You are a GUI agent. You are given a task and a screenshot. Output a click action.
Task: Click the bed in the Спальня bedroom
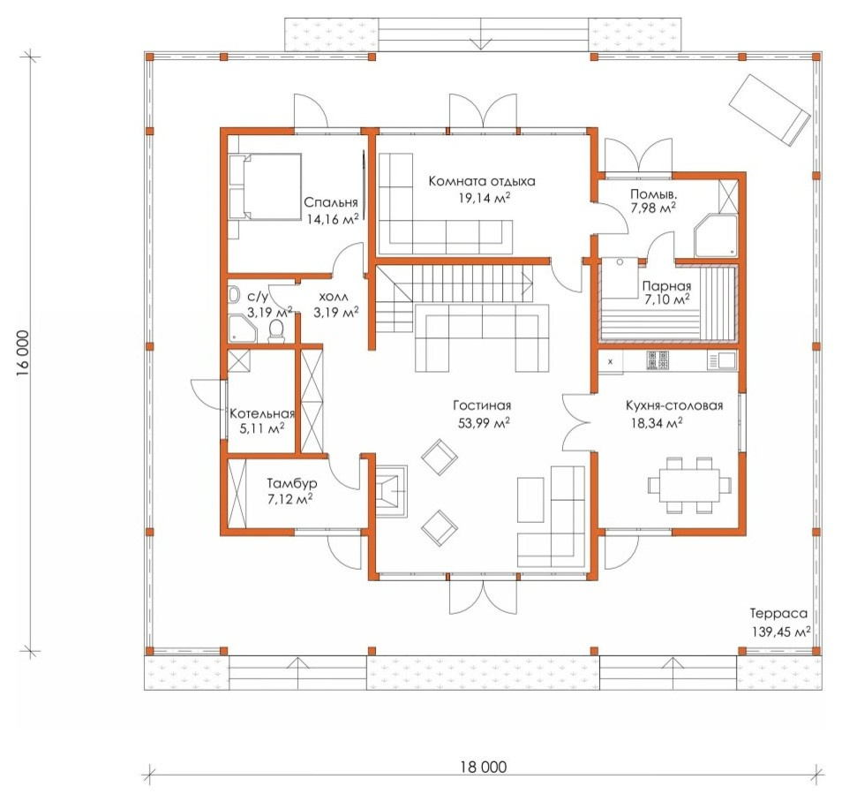265,186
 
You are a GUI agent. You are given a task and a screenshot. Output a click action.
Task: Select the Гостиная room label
482,405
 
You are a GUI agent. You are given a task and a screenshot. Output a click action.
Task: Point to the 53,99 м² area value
484,423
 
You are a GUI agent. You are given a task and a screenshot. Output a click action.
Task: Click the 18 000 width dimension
484,767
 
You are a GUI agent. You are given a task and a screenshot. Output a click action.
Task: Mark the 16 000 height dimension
22,352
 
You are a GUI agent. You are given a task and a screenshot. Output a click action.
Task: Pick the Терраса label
778,613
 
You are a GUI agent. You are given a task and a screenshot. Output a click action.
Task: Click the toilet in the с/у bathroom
276,331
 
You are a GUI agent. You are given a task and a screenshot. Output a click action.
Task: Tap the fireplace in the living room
390,490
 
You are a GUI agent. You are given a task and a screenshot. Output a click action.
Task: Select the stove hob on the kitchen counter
658,360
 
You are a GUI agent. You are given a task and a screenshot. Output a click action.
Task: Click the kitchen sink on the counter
722,360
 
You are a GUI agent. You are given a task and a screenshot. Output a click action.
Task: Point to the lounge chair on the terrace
769,110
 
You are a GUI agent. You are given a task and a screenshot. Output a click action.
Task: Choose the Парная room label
666,285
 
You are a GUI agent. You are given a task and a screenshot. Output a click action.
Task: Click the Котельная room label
262,413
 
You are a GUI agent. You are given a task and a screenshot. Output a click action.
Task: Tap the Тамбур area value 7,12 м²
290,499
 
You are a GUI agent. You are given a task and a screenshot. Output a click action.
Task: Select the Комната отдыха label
482,181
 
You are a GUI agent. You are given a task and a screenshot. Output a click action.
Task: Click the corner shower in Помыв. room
716,236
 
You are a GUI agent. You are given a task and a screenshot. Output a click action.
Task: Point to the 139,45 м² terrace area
781,632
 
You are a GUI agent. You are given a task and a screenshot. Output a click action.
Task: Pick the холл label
334,297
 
